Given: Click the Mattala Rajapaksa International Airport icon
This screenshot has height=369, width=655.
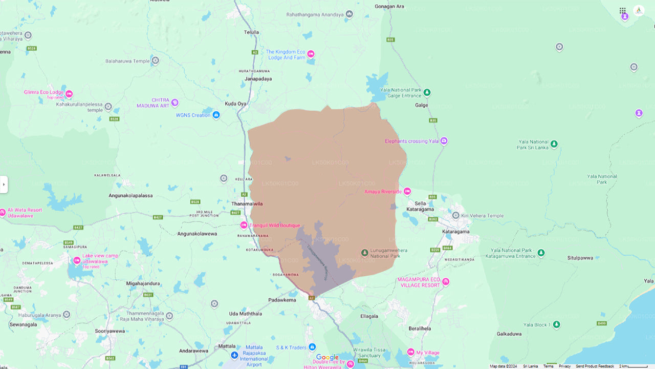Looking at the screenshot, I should (x=234, y=355).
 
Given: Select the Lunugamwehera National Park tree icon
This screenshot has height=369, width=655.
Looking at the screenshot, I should (x=364, y=253).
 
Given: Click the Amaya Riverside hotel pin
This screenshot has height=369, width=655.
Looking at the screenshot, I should (x=407, y=192).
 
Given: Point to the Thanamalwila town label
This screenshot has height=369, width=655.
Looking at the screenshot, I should (x=247, y=203).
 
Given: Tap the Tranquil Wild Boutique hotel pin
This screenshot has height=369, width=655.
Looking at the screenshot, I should (x=244, y=225).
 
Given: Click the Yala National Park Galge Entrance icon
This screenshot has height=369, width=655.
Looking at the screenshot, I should (x=427, y=93).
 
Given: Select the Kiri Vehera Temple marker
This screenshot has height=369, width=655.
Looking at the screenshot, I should (x=455, y=215).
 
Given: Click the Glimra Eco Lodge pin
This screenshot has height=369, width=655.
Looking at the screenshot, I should (x=69, y=94).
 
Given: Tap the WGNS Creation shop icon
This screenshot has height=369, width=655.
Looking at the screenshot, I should (x=216, y=115).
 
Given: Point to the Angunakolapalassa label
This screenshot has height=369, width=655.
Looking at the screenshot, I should (x=130, y=196).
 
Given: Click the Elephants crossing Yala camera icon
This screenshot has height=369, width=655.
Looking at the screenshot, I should (x=444, y=141).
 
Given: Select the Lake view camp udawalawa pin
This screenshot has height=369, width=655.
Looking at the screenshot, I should (x=77, y=260).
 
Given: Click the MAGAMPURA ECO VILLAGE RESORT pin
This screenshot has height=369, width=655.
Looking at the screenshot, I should (x=445, y=282).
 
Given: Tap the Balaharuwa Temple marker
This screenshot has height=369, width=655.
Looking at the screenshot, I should (x=155, y=60).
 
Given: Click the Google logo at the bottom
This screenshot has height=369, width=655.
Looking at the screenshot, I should (x=327, y=357).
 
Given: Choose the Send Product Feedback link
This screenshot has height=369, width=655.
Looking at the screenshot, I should (x=595, y=366).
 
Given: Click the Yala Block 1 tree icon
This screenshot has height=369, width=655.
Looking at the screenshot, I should (x=557, y=325).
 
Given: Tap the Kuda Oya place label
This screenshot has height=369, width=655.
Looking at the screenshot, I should (x=235, y=104).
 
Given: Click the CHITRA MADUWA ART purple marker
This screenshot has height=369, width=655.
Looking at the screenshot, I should (x=174, y=102).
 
